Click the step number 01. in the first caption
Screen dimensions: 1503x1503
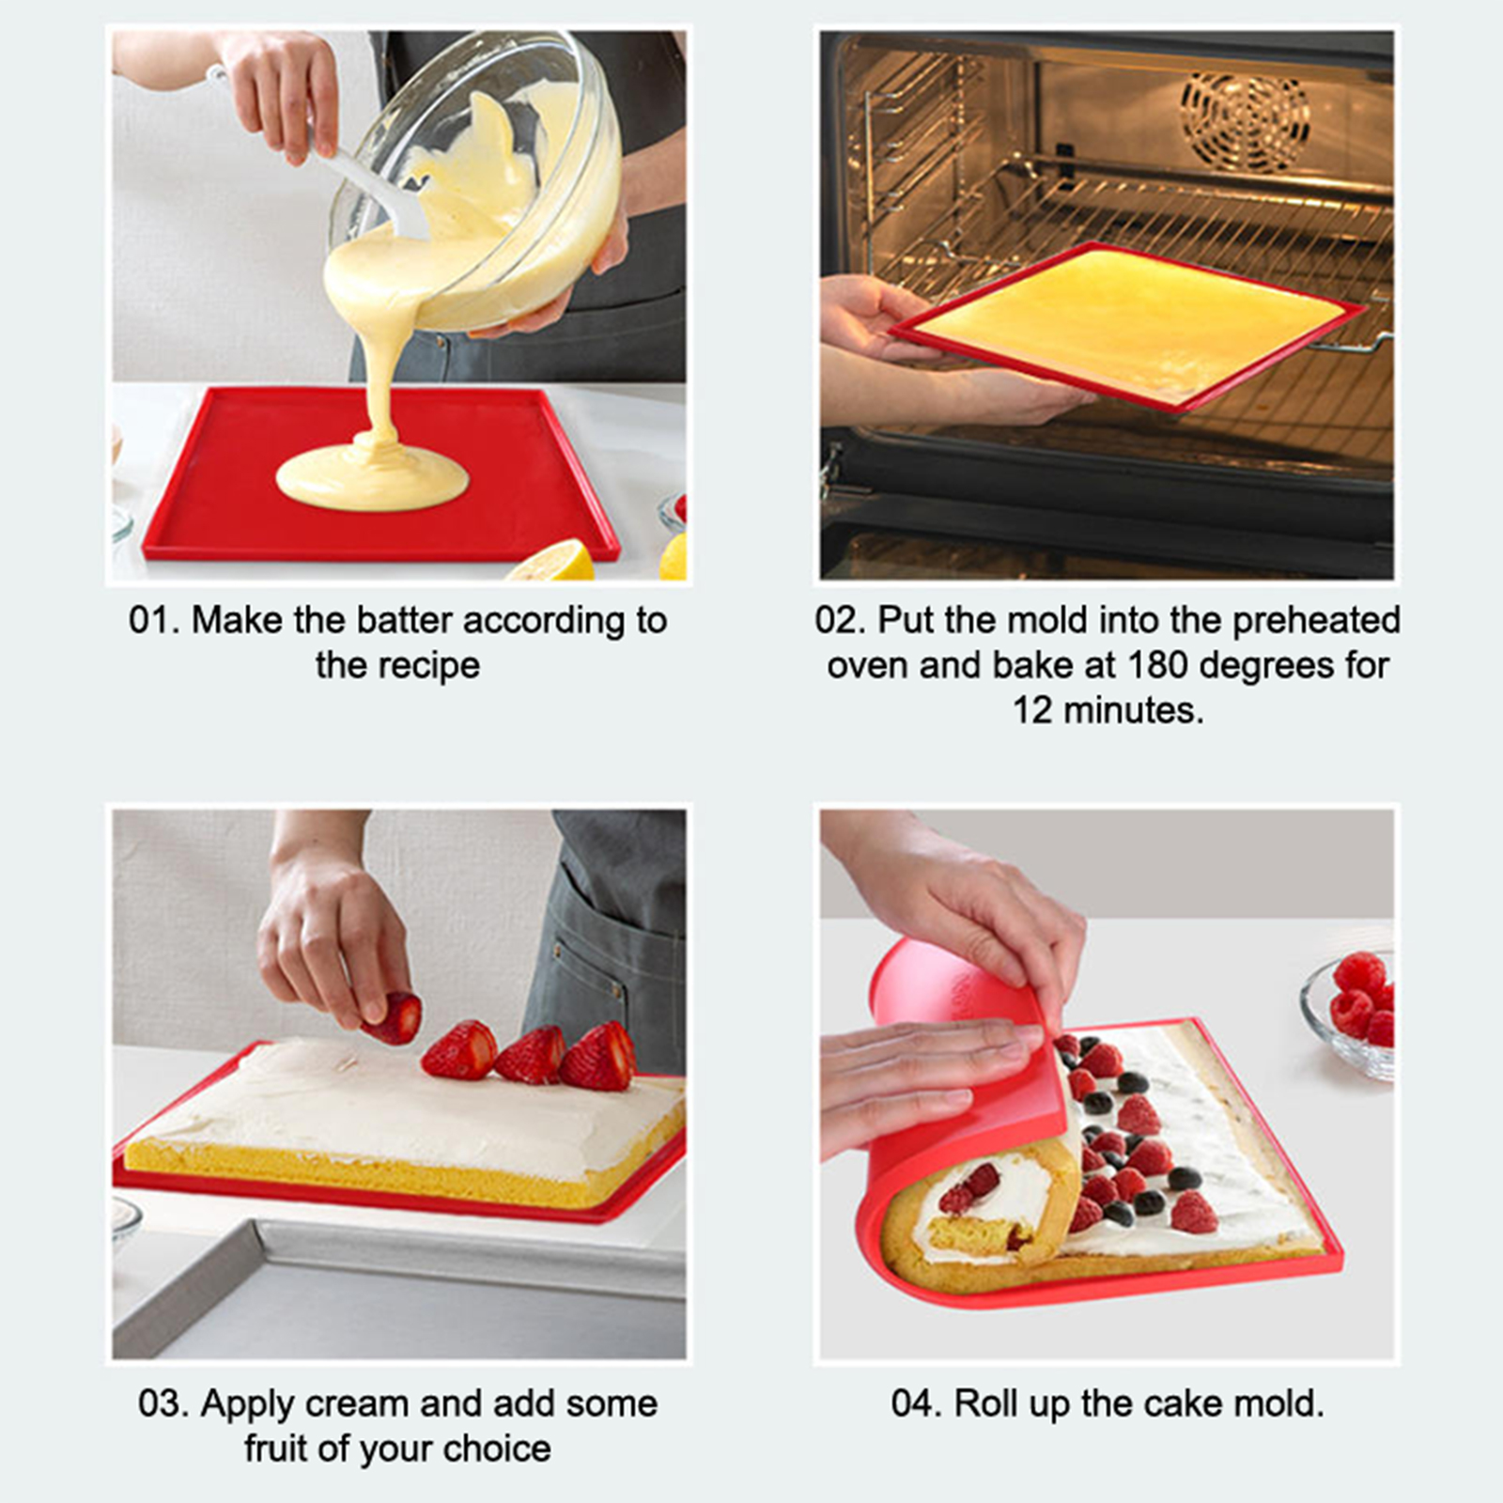pos(153,621)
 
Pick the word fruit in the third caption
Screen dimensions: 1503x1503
pos(277,1449)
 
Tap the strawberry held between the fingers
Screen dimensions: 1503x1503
pos(393,1018)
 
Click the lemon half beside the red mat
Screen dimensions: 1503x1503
pos(555,561)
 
